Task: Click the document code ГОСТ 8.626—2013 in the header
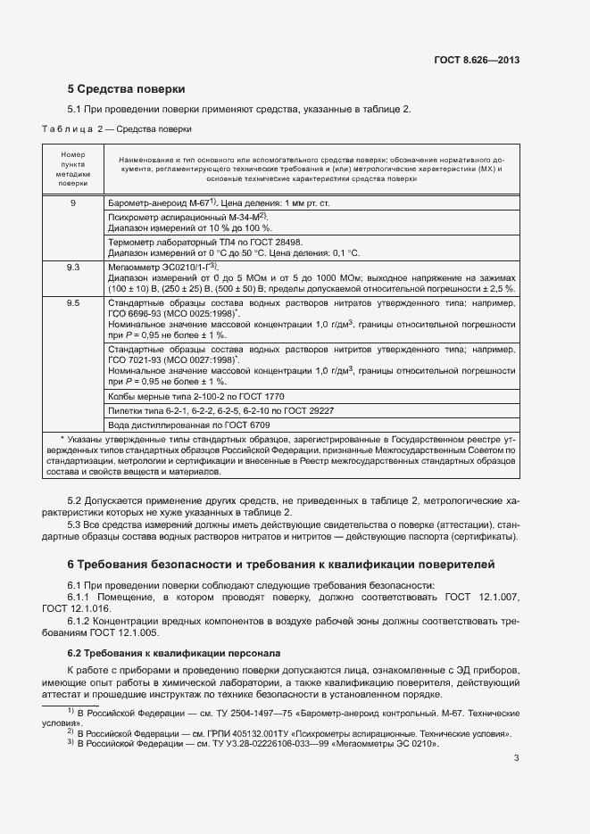[x=477, y=60]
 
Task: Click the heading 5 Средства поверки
[x=127, y=89]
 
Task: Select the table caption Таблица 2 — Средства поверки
[x=117, y=128]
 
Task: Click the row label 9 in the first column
[x=73, y=203]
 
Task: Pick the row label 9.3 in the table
[x=73, y=267]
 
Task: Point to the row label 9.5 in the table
[x=73, y=303]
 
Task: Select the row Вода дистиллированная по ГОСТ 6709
[x=187, y=425]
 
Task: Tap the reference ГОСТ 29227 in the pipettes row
[x=303, y=410]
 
